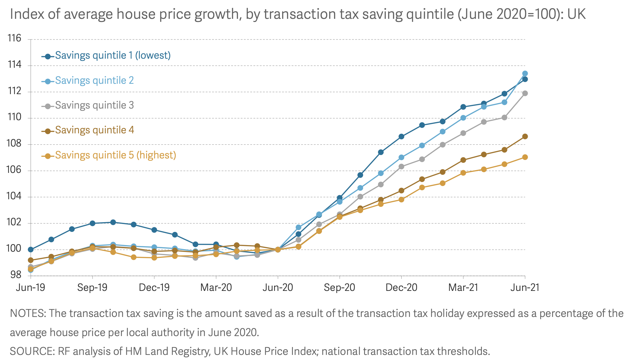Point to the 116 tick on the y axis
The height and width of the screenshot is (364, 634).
point(14,39)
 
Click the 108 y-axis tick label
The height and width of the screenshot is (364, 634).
point(14,144)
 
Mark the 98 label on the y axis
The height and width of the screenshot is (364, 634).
point(16,275)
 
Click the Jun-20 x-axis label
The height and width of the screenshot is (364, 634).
point(277,287)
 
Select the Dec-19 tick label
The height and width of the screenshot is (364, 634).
point(154,287)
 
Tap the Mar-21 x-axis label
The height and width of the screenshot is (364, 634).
point(463,287)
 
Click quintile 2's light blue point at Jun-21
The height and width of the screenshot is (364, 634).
point(525,73)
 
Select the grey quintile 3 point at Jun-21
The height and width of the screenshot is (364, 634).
point(525,93)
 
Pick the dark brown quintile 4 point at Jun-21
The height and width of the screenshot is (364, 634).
point(525,136)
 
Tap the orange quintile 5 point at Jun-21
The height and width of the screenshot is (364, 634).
point(525,157)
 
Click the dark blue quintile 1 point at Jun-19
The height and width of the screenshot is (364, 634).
point(31,249)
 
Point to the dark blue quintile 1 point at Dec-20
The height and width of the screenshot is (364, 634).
point(401,136)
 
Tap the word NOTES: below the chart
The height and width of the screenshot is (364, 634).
point(28,313)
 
